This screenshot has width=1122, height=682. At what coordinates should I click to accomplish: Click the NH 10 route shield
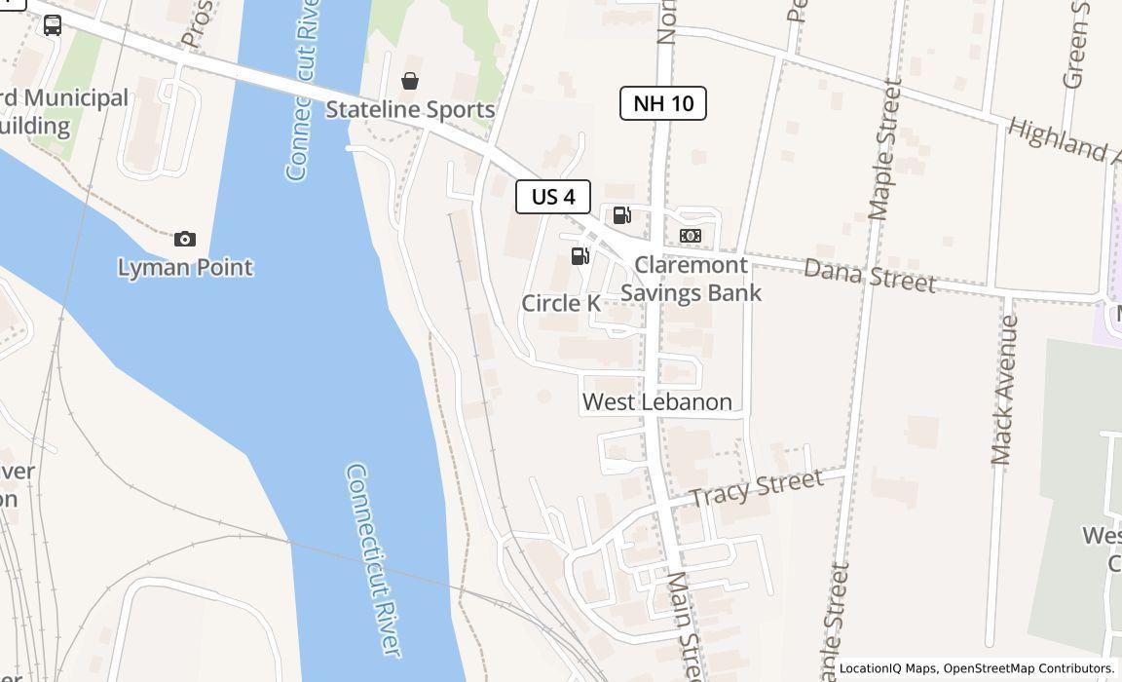point(663,103)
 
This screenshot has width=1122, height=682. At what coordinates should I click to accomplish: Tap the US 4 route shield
point(553,197)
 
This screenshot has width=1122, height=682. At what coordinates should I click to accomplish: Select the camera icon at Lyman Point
point(185,239)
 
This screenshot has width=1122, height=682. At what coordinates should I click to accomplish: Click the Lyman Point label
point(185,267)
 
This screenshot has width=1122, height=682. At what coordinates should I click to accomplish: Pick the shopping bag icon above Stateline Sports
point(410,81)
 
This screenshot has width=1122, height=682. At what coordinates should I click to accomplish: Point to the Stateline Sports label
point(410,109)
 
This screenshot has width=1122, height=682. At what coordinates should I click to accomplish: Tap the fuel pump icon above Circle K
point(580,256)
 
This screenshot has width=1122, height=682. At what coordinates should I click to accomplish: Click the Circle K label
point(561,303)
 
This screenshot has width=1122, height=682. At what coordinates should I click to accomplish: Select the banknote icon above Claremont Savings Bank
point(691,236)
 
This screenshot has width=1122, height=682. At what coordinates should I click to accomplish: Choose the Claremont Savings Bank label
point(691,279)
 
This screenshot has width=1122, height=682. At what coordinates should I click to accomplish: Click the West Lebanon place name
point(657,401)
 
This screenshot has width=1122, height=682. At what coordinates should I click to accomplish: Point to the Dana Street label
point(870,275)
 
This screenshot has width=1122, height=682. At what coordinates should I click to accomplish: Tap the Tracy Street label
point(757,488)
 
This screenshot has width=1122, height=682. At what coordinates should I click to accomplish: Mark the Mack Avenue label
point(1003,390)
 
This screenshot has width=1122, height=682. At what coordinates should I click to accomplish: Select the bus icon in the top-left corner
point(53,26)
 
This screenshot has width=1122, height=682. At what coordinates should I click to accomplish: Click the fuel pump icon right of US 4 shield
point(621,216)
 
